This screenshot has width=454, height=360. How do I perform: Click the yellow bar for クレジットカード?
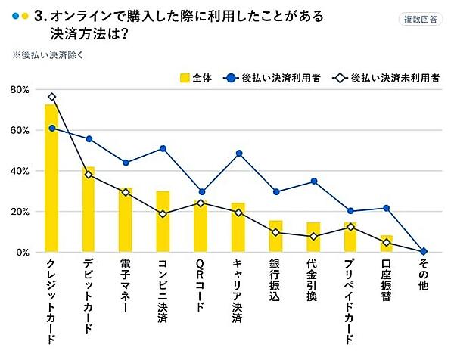click(x=51, y=178)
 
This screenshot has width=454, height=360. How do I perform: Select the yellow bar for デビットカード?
click(x=89, y=209)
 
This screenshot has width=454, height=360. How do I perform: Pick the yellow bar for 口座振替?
click(x=386, y=244)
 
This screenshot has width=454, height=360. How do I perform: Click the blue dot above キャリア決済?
click(x=238, y=154)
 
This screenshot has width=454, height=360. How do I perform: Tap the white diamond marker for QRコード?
click(x=201, y=203)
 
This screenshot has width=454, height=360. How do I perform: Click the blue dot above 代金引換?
click(x=313, y=182)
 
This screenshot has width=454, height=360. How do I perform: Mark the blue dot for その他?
click(x=424, y=251)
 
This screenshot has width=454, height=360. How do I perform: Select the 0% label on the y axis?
click(x=22, y=252)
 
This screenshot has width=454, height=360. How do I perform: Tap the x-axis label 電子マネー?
click(x=126, y=292)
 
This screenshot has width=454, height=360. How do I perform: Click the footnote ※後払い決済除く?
click(x=45, y=55)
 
